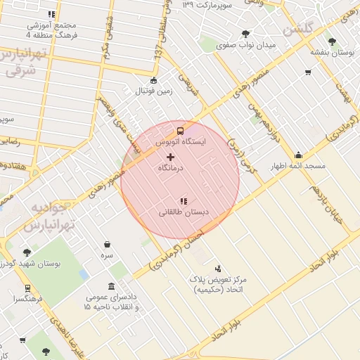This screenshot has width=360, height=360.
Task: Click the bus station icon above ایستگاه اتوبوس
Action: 181,131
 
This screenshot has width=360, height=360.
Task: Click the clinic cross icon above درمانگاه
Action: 171,156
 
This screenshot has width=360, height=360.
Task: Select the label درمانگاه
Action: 171,168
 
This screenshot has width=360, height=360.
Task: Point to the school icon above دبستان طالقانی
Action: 184,201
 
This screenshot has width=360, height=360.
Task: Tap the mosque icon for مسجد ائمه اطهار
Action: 298,155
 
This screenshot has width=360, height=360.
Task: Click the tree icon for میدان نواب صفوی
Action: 245,34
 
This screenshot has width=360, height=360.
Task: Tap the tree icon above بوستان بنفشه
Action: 331,41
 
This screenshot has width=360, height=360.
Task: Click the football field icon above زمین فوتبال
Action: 154,80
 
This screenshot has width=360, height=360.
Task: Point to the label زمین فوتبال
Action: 154,91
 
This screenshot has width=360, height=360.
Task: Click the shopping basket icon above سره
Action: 107,245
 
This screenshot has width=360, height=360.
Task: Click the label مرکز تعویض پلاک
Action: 217,279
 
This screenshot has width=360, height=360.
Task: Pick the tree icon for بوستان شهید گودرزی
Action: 27,252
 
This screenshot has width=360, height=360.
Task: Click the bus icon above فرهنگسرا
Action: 27,288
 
